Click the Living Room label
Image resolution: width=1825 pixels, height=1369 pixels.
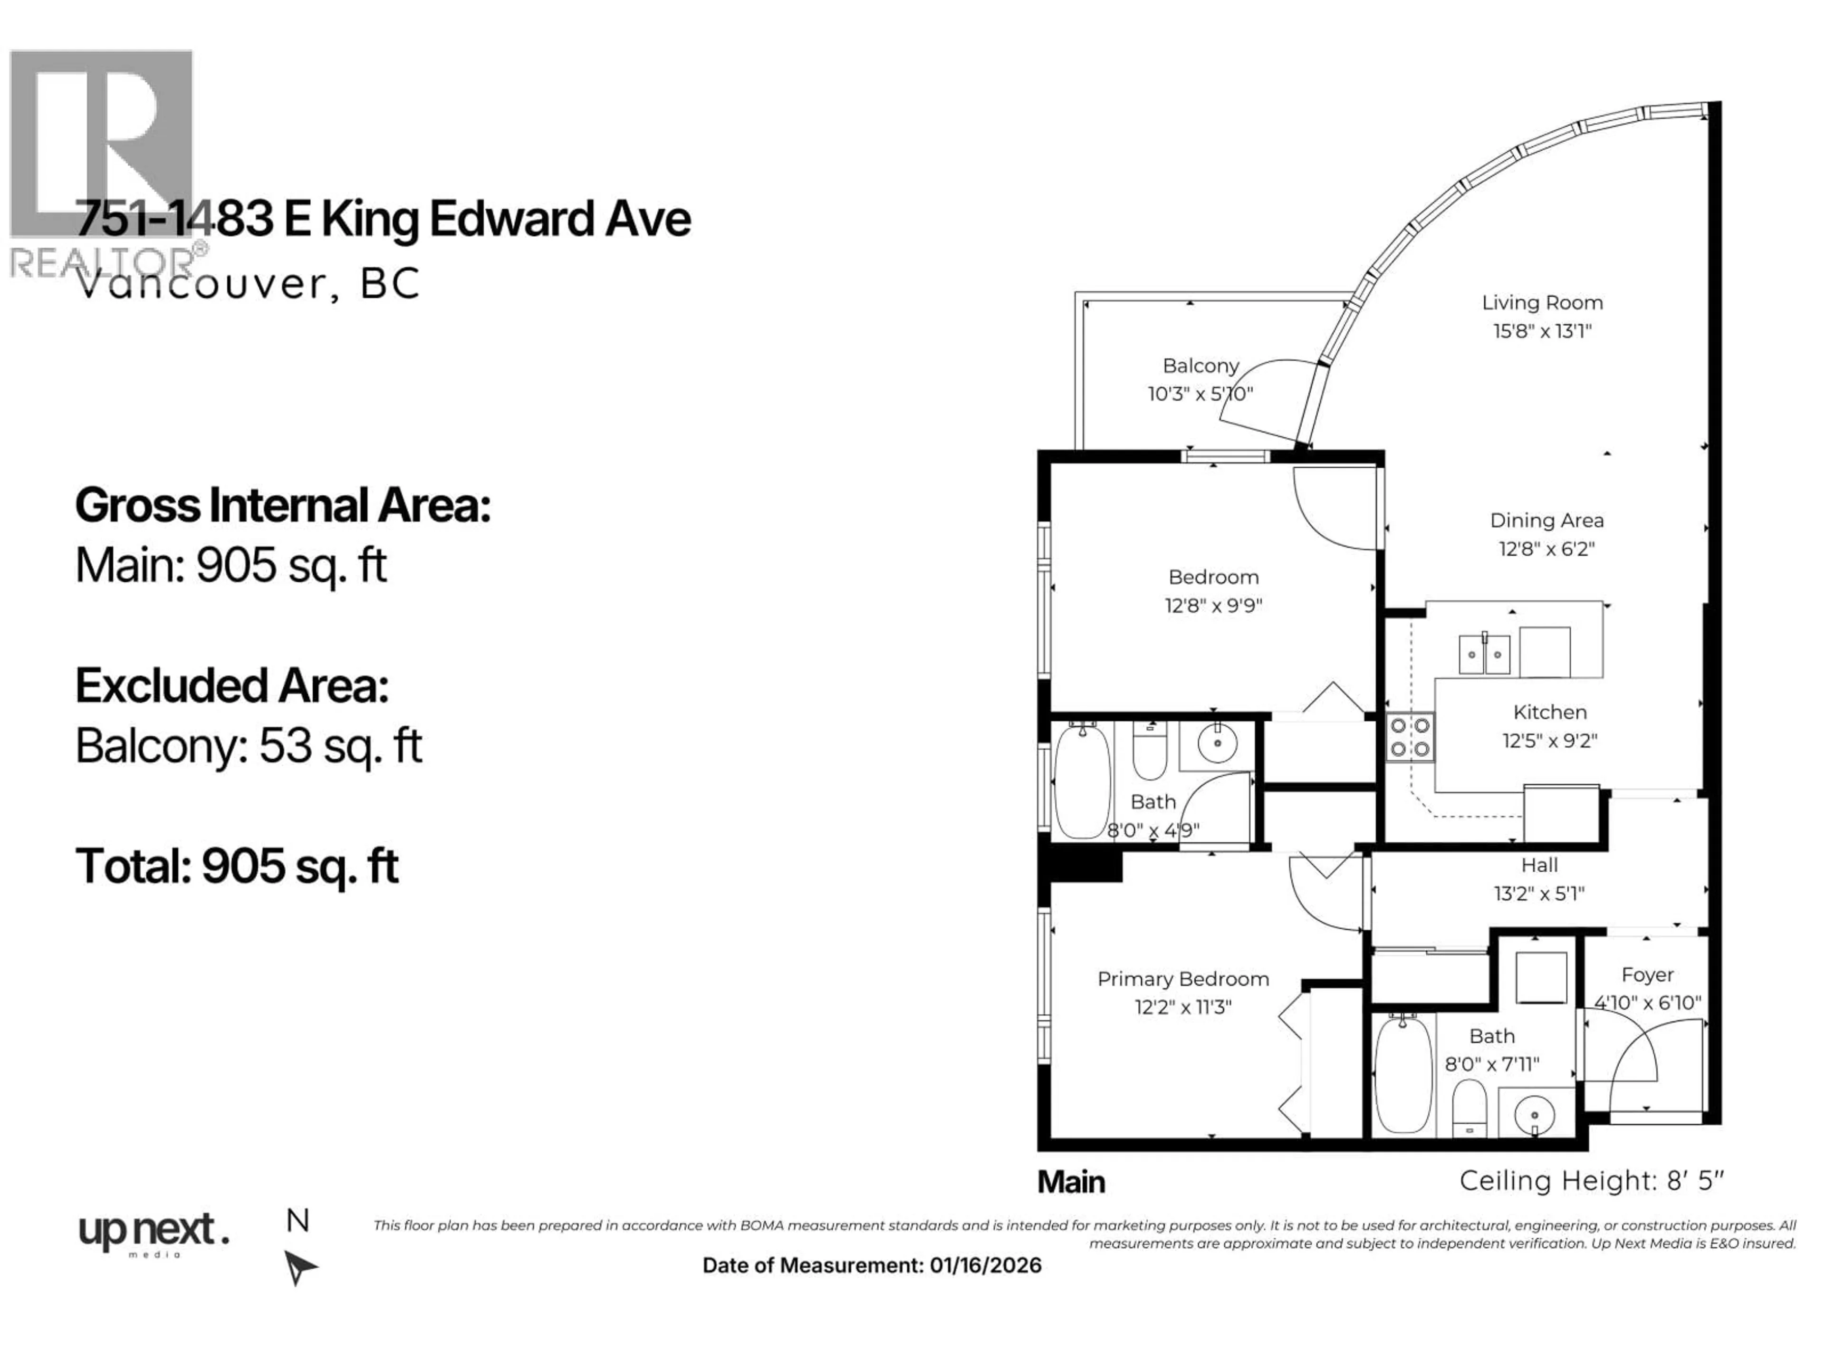click(x=1542, y=303)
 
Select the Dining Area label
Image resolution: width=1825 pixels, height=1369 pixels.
click(x=1546, y=521)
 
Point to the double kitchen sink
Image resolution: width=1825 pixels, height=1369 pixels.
click(x=1484, y=655)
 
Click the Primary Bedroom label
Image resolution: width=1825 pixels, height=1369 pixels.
click(x=1182, y=980)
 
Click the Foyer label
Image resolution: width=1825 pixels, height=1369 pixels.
click(x=1647, y=975)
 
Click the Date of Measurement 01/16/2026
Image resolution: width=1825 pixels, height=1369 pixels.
click(x=871, y=1266)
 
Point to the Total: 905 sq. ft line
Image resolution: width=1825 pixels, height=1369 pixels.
click(x=237, y=867)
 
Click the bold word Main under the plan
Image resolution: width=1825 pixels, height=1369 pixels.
click(x=1071, y=1182)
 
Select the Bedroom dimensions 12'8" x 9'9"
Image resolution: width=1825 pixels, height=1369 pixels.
click(x=1213, y=606)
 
